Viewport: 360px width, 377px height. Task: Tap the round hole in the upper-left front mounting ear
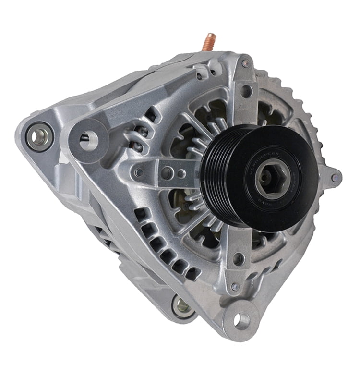tap(89, 141)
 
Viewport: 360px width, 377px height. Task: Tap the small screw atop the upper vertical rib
tap(245, 63)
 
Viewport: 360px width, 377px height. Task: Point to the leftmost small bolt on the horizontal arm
tap(139, 172)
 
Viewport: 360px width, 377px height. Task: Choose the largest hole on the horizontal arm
tap(166, 173)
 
